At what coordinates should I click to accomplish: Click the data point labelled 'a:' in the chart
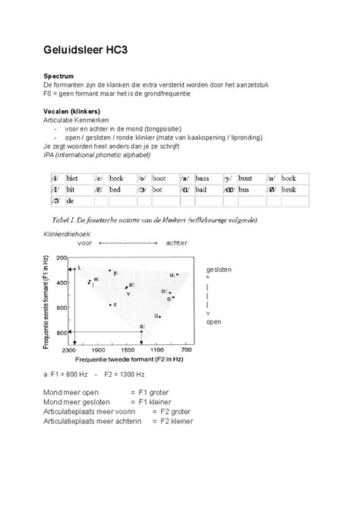[x=142, y=331]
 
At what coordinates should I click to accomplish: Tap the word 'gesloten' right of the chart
[x=218, y=270]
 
